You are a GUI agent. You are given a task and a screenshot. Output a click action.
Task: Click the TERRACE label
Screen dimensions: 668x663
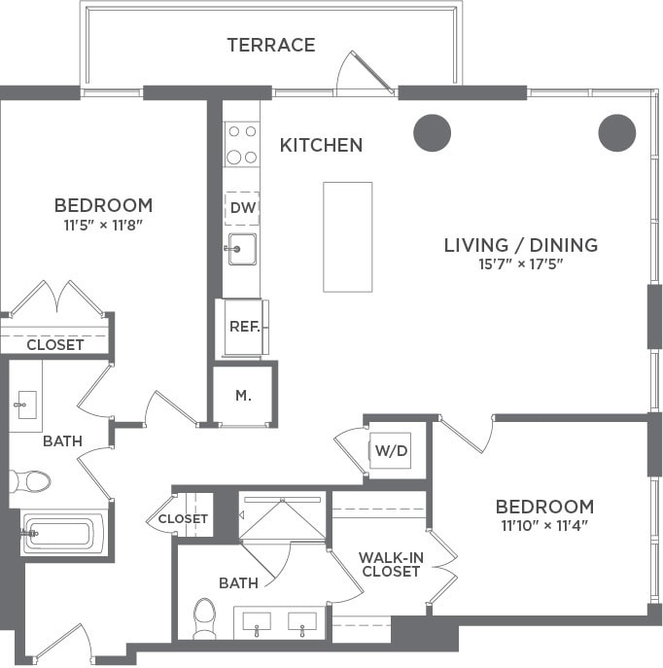[271, 45]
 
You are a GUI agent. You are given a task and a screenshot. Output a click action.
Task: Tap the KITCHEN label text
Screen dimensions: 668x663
[321, 146]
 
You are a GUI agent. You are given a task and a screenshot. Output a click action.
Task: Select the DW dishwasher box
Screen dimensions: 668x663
[242, 208]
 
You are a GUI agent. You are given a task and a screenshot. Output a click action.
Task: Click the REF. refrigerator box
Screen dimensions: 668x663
[243, 327]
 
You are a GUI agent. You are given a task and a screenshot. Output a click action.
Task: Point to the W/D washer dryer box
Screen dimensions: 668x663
[392, 451]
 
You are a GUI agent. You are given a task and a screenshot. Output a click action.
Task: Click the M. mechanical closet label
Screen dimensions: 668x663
[243, 396]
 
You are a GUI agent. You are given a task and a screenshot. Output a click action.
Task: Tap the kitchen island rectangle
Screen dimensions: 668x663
[347, 236]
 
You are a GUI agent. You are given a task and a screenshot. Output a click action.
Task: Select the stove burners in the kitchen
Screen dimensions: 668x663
[242, 144]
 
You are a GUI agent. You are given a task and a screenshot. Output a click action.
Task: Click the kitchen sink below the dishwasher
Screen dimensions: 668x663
[241, 249]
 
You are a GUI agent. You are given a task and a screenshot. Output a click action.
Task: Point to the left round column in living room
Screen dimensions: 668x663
[432, 132]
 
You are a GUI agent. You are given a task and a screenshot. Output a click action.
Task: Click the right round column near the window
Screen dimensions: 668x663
[616, 132]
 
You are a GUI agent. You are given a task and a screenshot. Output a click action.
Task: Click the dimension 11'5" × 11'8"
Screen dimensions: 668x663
[103, 224]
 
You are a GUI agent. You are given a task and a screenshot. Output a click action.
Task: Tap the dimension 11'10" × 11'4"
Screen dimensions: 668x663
[544, 526]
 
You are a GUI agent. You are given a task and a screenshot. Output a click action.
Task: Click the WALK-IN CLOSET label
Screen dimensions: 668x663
[389, 564]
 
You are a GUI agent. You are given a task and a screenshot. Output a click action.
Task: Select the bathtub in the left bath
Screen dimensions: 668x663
[60, 533]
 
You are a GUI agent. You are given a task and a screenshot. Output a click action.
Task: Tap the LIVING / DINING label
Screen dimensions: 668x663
[520, 245]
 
